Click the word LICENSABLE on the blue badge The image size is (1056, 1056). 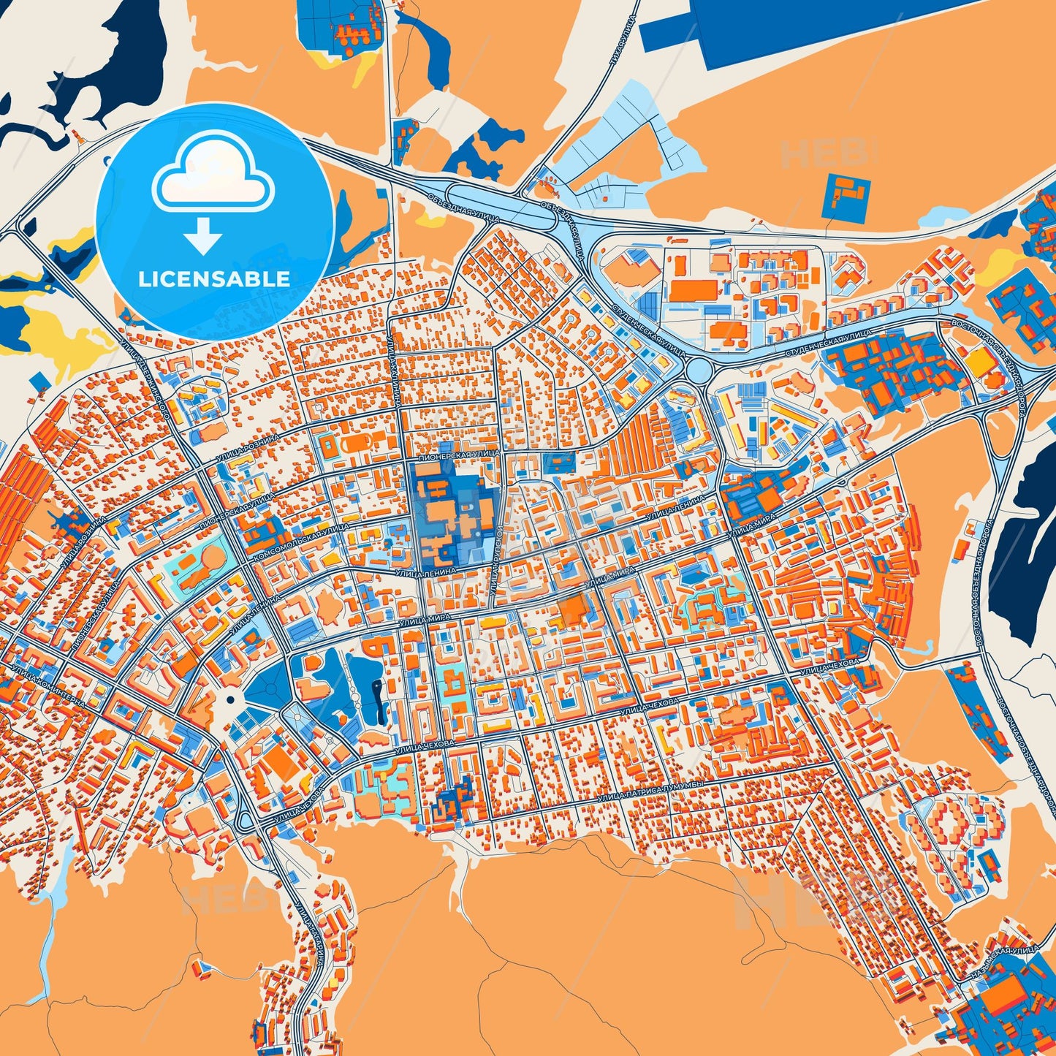coord(215,278)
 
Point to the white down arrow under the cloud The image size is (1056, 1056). coord(203,236)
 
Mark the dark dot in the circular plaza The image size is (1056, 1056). coord(230,700)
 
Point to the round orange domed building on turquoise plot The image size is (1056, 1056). coord(211,560)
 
